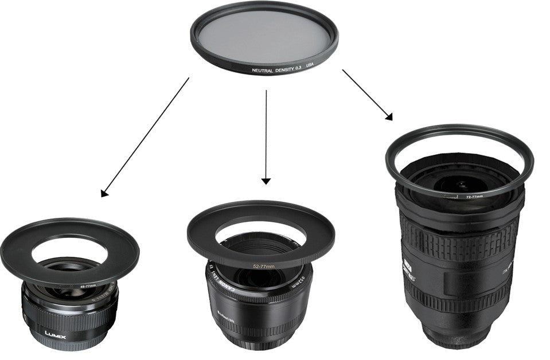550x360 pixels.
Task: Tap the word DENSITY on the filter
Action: pos(288,69)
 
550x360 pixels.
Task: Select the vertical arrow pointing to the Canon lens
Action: pos(266,138)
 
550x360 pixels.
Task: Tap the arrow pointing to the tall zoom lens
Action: pos(368,95)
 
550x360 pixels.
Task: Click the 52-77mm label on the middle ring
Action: pos(264,266)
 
